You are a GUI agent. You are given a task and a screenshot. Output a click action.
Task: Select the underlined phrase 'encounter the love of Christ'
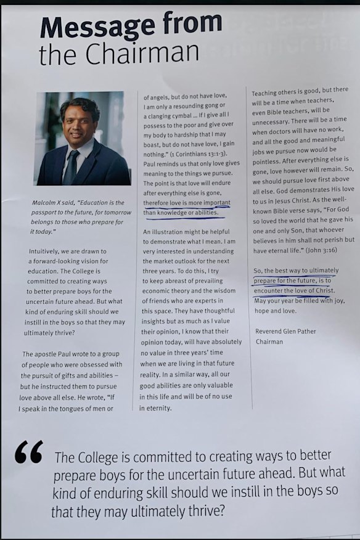293,290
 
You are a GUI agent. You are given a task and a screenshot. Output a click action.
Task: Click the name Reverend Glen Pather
285,331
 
